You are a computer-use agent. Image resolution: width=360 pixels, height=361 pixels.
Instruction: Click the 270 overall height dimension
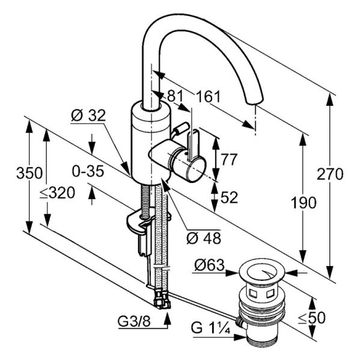(x=330, y=174)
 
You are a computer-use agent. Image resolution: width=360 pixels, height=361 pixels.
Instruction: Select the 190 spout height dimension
(x=304, y=203)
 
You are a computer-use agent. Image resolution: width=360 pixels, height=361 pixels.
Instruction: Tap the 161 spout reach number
(x=208, y=96)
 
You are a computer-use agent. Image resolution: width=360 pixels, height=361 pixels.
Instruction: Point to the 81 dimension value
(x=175, y=96)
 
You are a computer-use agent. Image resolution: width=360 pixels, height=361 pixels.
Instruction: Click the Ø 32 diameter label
(x=88, y=116)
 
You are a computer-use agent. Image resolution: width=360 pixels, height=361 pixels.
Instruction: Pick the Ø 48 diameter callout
(x=204, y=238)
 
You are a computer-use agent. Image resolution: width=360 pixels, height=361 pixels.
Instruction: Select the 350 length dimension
(x=29, y=173)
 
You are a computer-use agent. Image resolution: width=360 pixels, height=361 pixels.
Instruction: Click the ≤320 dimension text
(x=57, y=193)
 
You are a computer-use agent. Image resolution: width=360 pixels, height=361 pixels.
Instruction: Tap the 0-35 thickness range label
(x=88, y=171)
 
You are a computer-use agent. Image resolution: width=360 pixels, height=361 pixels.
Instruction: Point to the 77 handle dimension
(x=229, y=159)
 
